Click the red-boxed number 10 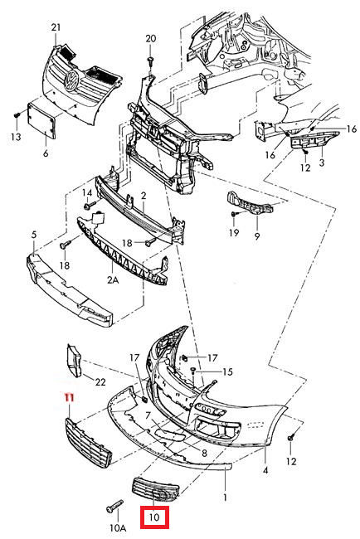[x=154, y=517]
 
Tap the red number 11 [x=70, y=398]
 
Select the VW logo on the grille [x=73, y=80]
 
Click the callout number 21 [x=56, y=27]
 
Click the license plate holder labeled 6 [x=41, y=119]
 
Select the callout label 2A [x=113, y=279]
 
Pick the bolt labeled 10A [x=114, y=507]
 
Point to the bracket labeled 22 [x=74, y=361]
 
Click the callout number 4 [x=265, y=471]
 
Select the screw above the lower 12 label [x=291, y=437]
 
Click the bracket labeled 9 [x=250, y=204]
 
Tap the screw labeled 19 [x=233, y=214]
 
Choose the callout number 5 [x=34, y=236]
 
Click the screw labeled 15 [x=193, y=371]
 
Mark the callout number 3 [x=322, y=163]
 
